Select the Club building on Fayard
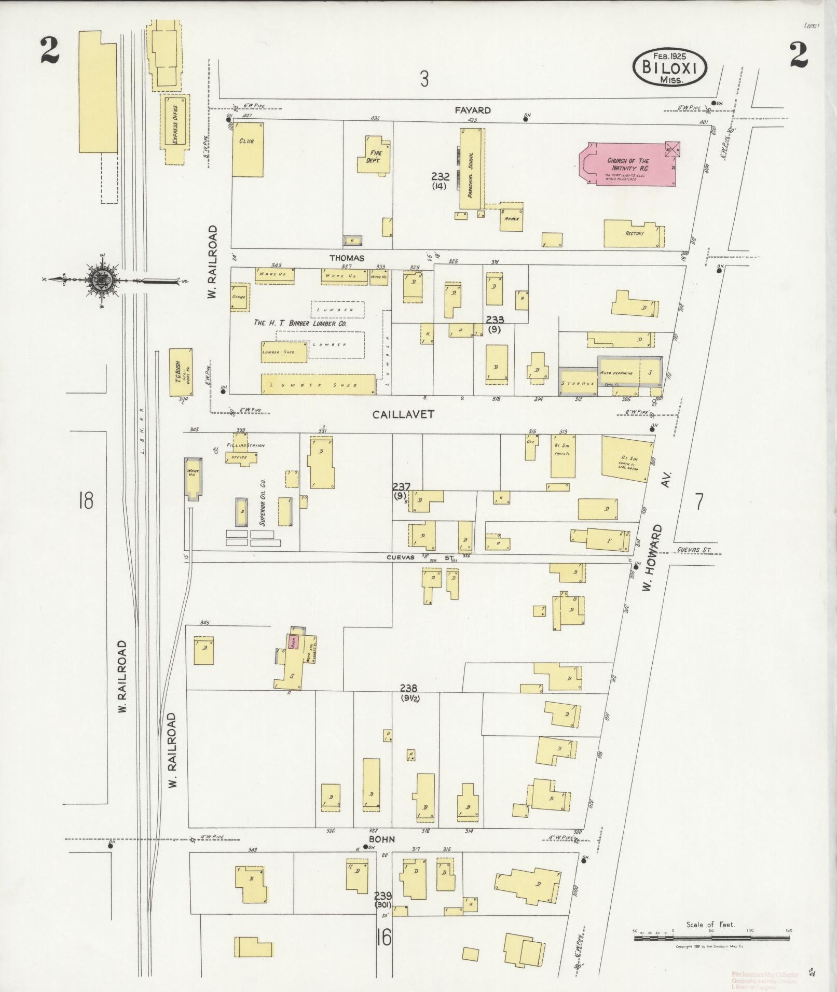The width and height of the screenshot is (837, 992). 247,148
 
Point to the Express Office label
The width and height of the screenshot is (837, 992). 175,124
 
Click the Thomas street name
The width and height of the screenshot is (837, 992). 347,258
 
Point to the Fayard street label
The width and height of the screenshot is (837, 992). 473,110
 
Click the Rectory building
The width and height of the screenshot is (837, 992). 634,234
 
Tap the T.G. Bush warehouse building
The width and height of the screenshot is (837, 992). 182,372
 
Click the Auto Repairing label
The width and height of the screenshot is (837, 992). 616,373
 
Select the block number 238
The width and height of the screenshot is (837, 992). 409,688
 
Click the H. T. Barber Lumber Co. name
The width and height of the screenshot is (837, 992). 300,323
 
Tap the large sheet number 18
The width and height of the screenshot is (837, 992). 86,501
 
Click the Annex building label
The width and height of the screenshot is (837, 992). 512,219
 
